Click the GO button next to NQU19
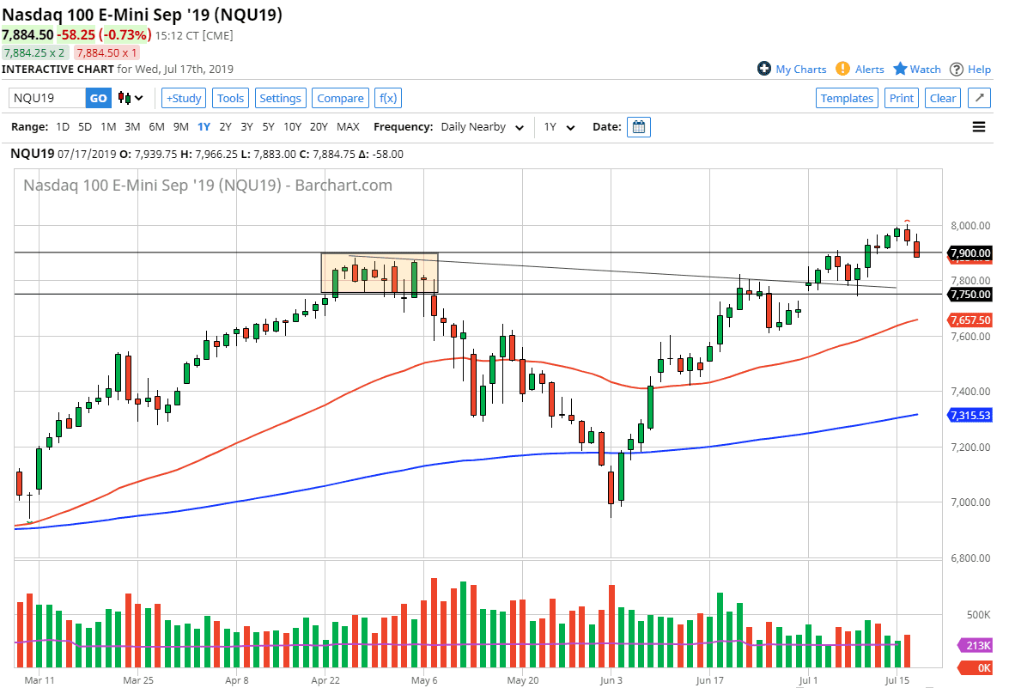[x=99, y=98]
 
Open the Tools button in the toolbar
[x=230, y=98]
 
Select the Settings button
[x=280, y=98]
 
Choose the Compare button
[x=340, y=98]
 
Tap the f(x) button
[x=388, y=98]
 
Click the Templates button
[x=847, y=98]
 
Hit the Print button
[x=902, y=98]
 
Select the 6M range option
[x=156, y=127]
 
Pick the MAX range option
[x=348, y=127]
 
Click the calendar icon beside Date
[x=638, y=127]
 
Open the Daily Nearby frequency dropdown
[x=482, y=127]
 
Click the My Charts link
[x=792, y=70]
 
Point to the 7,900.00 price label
[x=970, y=253]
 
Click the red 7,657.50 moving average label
[x=970, y=320]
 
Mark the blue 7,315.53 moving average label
[x=970, y=416]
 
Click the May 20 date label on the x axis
[x=522, y=679]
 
